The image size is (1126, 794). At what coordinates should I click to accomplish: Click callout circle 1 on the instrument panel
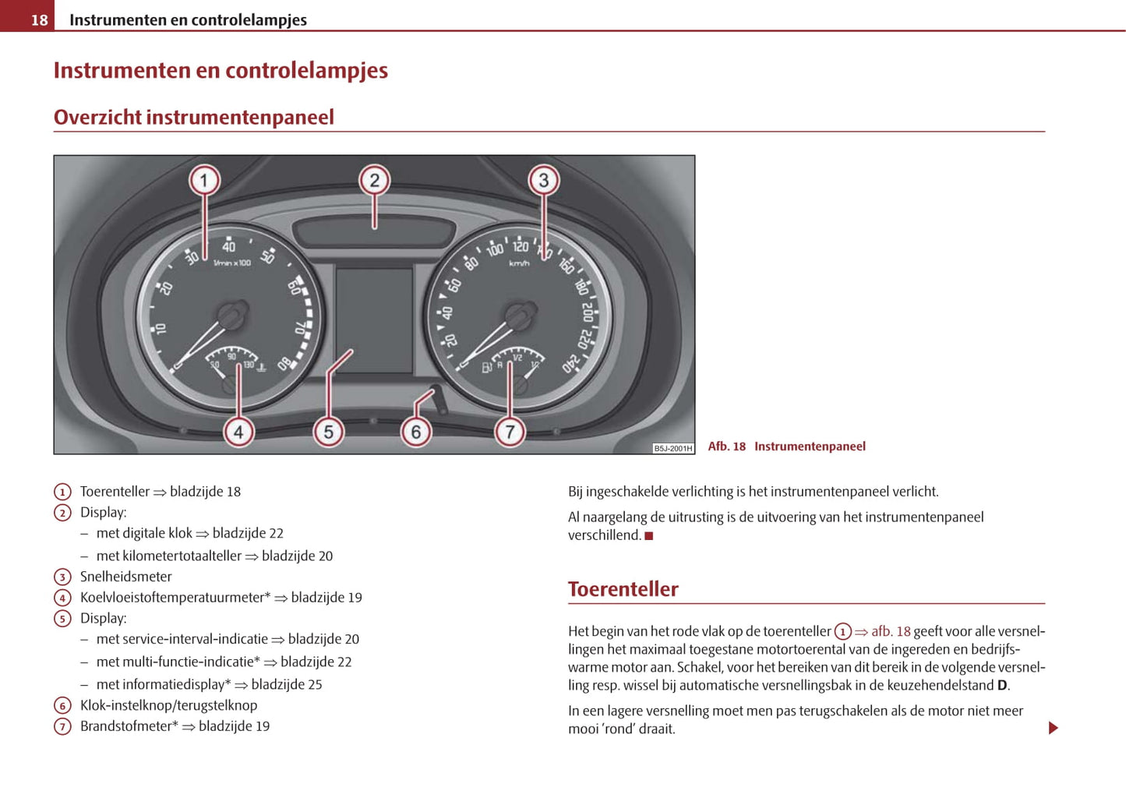click(204, 181)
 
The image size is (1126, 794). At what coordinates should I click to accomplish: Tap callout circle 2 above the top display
click(374, 181)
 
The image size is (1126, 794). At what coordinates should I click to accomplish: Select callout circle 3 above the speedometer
click(543, 181)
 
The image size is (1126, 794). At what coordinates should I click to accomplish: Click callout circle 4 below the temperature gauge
click(238, 432)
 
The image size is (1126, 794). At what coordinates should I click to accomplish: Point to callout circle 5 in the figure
click(328, 432)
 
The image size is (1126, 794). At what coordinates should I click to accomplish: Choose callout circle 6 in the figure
click(415, 432)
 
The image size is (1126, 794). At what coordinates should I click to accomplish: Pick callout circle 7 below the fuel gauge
click(510, 432)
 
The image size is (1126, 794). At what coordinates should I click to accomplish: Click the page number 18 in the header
click(39, 20)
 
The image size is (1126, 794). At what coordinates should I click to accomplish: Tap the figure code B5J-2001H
click(672, 448)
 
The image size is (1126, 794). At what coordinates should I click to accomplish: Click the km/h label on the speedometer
click(519, 263)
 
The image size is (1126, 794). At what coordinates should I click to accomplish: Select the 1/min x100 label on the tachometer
click(232, 263)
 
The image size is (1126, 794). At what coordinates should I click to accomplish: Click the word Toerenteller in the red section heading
click(623, 589)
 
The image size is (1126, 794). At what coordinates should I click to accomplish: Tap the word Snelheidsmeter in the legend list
click(125, 577)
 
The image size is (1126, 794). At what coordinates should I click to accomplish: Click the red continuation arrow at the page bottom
click(1053, 728)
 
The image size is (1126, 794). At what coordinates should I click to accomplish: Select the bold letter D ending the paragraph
click(1002, 686)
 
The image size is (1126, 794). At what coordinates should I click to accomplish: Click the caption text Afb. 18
click(726, 446)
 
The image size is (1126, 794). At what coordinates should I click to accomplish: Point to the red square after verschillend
click(648, 536)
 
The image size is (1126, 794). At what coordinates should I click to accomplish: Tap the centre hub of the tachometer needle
click(231, 316)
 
